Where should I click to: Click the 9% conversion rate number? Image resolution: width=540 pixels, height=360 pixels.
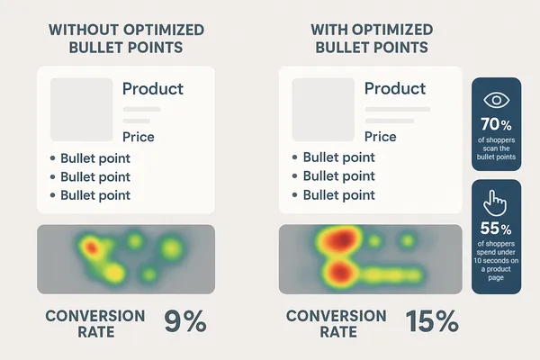(x=185, y=322)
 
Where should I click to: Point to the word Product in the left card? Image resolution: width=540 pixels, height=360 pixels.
(x=152, y=89)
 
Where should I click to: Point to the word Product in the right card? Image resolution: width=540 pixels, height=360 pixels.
(x=394, y=89)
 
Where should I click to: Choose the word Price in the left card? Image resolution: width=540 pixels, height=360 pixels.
(x=138, y=137)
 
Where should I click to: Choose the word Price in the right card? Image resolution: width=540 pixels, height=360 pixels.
(x=380, y=137)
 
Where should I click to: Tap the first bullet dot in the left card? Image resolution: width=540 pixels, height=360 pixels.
(x=52, y=158)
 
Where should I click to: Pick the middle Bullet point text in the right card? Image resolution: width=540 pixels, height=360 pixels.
(x=338, y=175)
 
